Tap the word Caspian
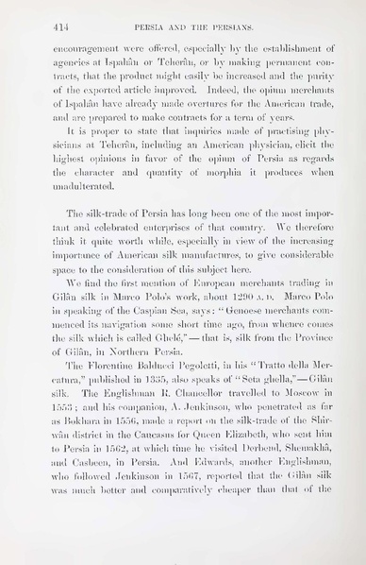pos(157,346)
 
